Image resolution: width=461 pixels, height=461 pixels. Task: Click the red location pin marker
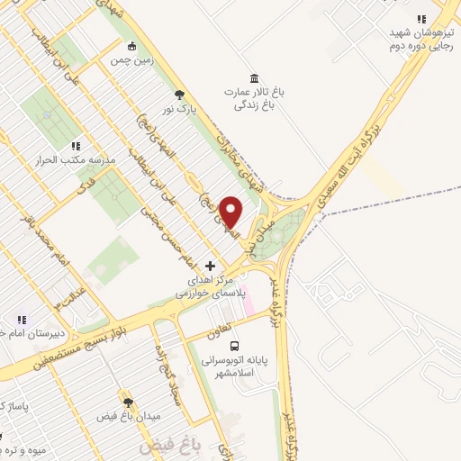231,212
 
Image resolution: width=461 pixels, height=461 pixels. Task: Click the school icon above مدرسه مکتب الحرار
76,145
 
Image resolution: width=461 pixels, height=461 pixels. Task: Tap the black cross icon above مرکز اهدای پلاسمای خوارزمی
211,266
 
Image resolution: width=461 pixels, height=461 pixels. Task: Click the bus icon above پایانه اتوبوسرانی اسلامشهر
235,346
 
